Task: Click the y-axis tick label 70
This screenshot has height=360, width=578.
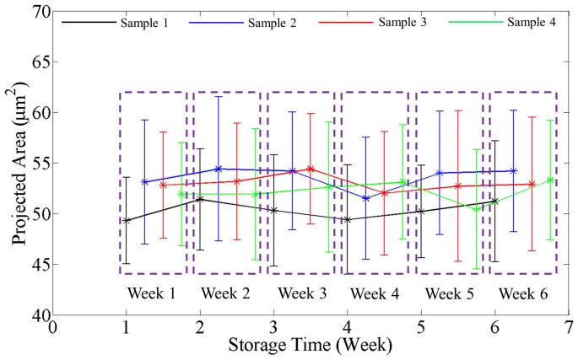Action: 35,11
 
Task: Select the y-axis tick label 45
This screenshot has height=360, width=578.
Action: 35,264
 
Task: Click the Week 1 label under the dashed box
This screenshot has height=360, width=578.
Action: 153,293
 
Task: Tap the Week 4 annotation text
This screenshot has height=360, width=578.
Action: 375,293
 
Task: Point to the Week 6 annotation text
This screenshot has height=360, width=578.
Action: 522,293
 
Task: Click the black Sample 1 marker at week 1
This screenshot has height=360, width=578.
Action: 127,221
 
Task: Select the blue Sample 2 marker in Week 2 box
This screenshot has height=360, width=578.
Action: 219,169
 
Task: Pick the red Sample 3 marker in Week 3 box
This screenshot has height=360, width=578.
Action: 311,169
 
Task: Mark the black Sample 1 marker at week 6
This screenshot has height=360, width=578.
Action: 494,201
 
